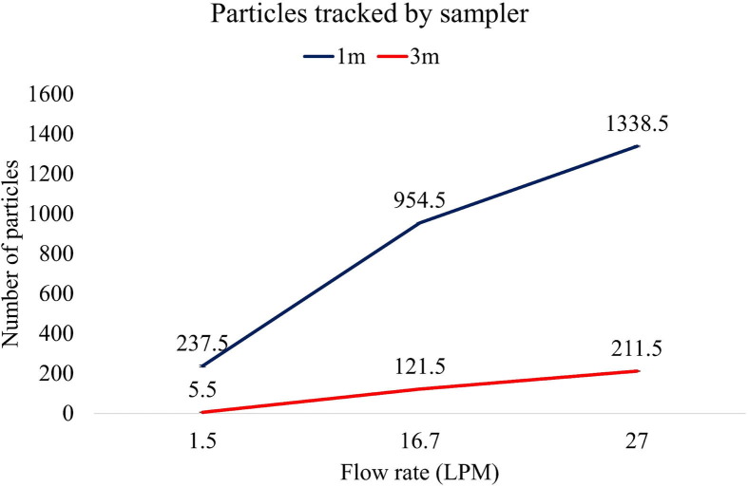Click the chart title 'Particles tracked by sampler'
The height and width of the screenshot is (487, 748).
[374, 16]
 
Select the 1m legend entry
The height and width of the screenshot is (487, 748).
[328, 56]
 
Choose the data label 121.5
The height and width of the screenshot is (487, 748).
[421, 366]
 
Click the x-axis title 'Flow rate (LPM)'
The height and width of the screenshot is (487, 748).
[419, 471]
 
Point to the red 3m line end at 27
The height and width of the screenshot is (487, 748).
[638, 370]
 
